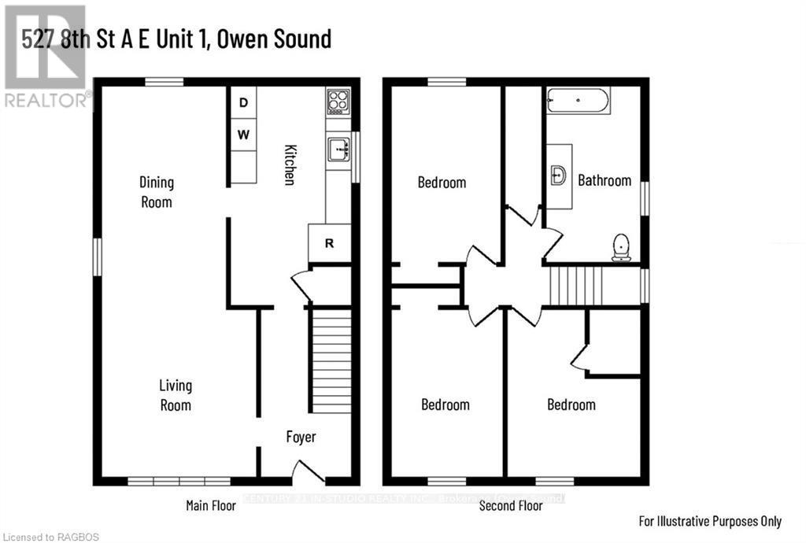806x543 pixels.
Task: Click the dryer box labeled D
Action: point(244,102)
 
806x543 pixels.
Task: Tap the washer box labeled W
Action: point(244,135)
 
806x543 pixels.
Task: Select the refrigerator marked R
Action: point(330,243)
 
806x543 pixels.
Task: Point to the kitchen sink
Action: point(339,148)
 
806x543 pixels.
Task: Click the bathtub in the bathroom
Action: point(578,101)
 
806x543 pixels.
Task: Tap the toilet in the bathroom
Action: point(622,247)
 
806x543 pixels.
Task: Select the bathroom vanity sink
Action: point(558,175)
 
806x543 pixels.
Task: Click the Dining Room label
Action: point(156,192)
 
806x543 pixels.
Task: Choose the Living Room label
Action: point(176,396)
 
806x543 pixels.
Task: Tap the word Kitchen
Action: point(290,165)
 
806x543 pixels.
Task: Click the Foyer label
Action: point(300,437)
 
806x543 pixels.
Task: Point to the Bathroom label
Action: point(604,180)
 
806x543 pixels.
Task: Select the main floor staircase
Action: point(331,360)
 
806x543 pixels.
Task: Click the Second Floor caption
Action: point(511,505)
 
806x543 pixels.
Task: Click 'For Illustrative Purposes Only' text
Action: point(709,521)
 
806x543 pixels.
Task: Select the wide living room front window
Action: point(179,481)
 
